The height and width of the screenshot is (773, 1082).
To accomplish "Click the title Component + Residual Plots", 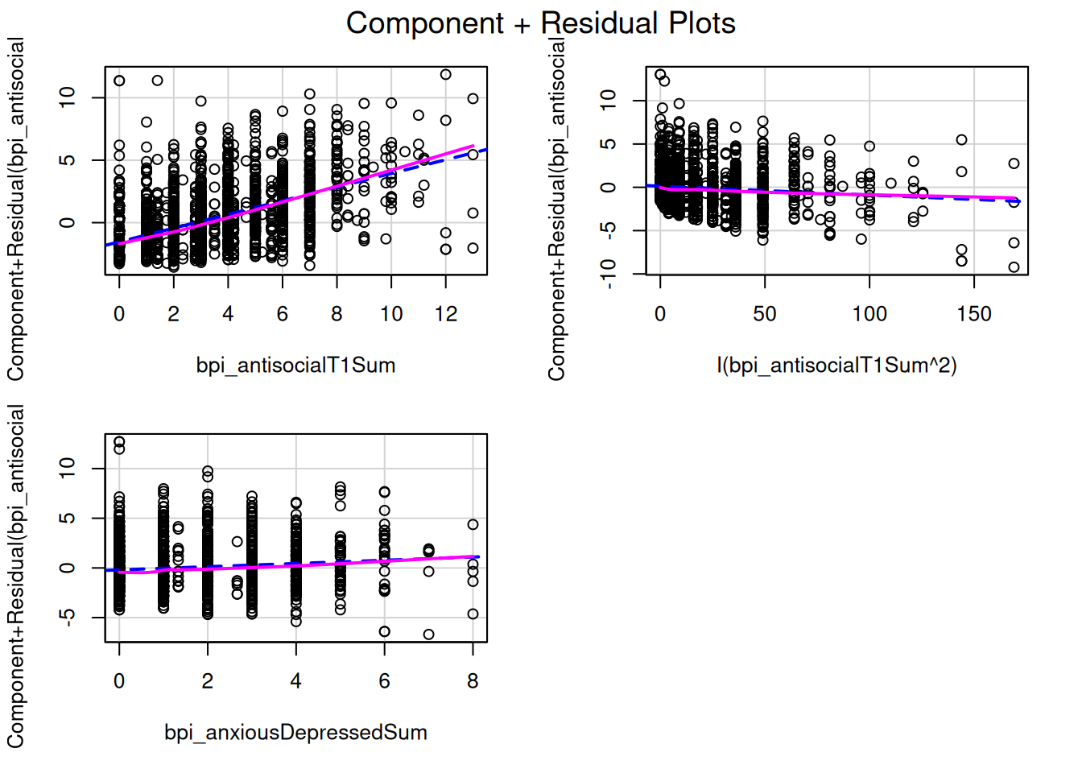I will coord(540,23).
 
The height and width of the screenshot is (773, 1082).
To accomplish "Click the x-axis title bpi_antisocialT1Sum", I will coord(295,366).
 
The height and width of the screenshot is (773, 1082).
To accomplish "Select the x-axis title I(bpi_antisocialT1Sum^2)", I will coord(836,366).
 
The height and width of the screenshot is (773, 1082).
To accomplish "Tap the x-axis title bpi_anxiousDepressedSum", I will coord(295,733).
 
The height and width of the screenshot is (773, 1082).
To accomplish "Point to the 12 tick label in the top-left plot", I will coord(445,314).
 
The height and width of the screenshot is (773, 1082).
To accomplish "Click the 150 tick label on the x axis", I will coord(973,314).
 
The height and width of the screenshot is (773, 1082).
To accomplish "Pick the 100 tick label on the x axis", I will coord(869,314).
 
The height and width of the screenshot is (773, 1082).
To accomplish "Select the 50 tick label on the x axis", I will coord(765,314).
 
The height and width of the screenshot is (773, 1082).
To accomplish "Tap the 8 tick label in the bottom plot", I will coord(473,681).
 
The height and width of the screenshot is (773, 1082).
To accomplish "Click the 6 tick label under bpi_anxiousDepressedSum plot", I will coord(384,681).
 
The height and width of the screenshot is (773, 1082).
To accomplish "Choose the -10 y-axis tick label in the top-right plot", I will coord(609,274).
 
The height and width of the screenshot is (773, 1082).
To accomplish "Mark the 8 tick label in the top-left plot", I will coord(337,314).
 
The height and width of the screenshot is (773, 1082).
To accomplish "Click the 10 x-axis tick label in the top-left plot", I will coord(391,314).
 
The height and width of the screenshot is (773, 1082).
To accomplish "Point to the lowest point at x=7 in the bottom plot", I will coord(428,635).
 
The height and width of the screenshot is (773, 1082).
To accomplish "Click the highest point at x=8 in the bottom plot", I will coord(473,524).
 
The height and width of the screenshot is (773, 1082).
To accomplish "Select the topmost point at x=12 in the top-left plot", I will coord(445,75).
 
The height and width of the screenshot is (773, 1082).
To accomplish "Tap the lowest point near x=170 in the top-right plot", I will coord(1014,267).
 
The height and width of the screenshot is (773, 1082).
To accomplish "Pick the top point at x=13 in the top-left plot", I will coord(473,99).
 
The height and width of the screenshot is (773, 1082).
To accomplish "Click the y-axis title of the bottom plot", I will coord(16,576).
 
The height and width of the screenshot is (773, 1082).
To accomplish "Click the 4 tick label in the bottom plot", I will coord(295,681).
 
